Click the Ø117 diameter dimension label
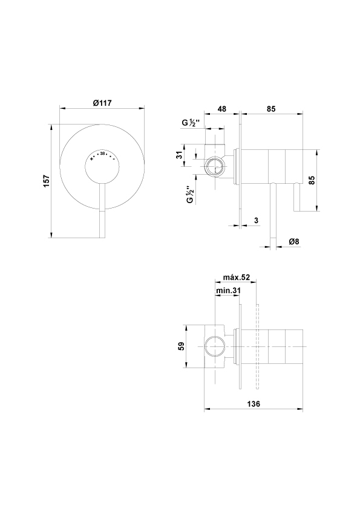pos(102,103)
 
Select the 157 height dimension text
pos(47,181)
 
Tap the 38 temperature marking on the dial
pos(103,154)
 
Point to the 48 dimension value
pos(221,109)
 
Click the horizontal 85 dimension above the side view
pos(271,109)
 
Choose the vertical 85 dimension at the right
pos(312,180)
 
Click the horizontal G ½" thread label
pos(192,123)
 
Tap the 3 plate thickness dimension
pos(256,221)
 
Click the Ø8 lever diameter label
pos(293,242)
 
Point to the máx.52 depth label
pos(237,277)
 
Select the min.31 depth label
pos(228,291)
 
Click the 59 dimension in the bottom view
pos(182,346)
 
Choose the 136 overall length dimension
pos(254,404)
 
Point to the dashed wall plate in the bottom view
pos(258,346)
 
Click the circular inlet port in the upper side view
pos(215,166)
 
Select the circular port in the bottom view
pos(215,346)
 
